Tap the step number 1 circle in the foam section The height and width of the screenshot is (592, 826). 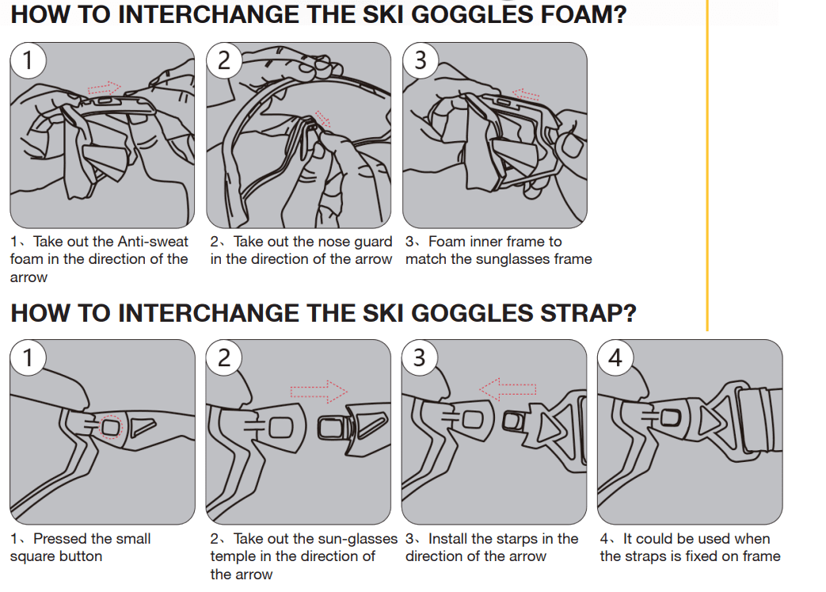pyautogui.click(x=29, y=60)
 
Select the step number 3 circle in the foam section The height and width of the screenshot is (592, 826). pyautogui.click(x=421, y=60)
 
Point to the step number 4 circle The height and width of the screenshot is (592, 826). pyautogui.click(x=615, y=357)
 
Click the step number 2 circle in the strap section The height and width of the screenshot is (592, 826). pyautogui.click(x=224, y=357)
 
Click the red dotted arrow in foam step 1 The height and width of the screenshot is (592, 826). pyautogui.click(x=105, y=87)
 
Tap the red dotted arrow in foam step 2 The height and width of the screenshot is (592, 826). pyautogui.click(x=322, y=119)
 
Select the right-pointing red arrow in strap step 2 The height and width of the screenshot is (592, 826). pyautogui.click(x=318, y=391)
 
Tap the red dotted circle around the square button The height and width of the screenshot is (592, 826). pyautogui.click(x=110, y=427)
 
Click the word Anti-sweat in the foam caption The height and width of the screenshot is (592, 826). pyautogui.click(x=153, y=242)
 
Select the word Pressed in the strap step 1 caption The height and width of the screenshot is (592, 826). pyautogui.click(x=59, y=539)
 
